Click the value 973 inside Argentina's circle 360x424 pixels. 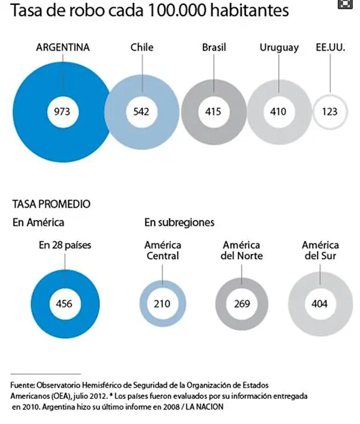tap(62, 112)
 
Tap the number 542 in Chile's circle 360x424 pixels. tap(141, 112)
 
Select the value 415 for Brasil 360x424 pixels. tap(213, 112)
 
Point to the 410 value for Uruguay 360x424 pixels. tap(278, 112)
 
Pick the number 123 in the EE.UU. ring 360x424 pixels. tap(330, 112)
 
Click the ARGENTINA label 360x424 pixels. tap(63, 47)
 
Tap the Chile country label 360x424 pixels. tap(142, 47)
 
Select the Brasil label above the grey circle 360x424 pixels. tap(214, 47)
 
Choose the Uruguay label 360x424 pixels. tap(279, 48)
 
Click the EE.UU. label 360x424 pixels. tap(331, 47)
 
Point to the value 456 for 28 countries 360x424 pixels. tap(64, 304)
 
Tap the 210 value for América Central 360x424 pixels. tap(162, 304)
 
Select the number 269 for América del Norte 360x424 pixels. tap(242, 304)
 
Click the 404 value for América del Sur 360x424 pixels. tap(319, 304)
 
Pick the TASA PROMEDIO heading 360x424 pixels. tap(51, 204)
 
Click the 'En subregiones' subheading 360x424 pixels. tap(180, 223)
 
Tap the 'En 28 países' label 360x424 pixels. tap(65, 245)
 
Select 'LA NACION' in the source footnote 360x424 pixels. tap(205, 407)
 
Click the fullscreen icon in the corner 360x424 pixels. tap(345, 4)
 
